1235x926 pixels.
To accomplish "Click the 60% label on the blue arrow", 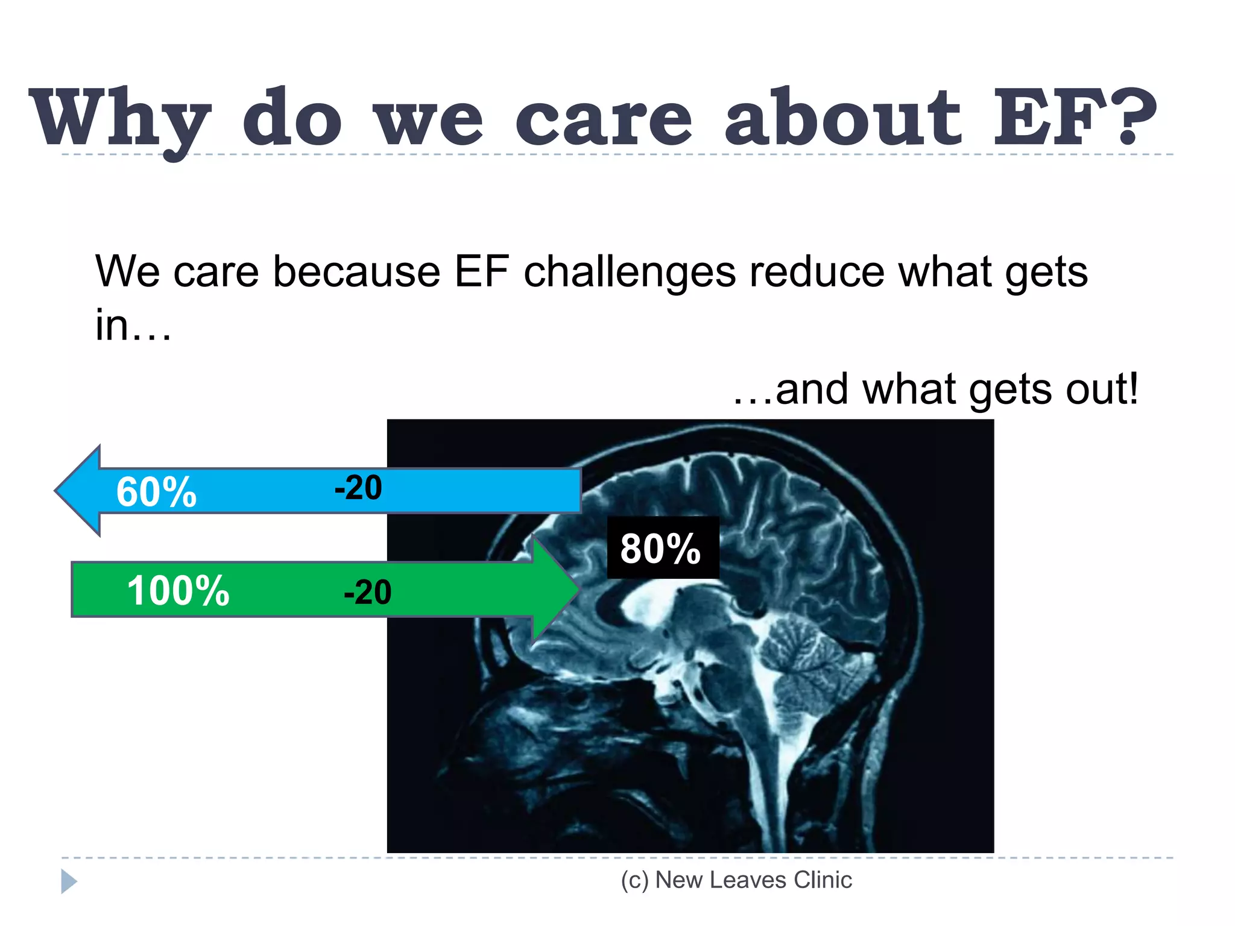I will (156, 492).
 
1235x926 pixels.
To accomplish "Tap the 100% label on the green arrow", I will (178, 590).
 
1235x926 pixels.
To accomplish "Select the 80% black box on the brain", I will (662, 547).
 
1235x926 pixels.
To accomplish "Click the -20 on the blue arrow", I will (358, 488).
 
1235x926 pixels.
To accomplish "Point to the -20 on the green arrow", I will (367, 592).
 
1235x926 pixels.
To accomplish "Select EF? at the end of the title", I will (1073, 117).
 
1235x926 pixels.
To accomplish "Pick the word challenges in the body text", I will (630, 271).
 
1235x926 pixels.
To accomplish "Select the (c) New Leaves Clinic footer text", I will (736, 880).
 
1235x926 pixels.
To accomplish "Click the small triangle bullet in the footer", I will (68, 881).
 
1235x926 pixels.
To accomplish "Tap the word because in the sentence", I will (356, 271).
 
